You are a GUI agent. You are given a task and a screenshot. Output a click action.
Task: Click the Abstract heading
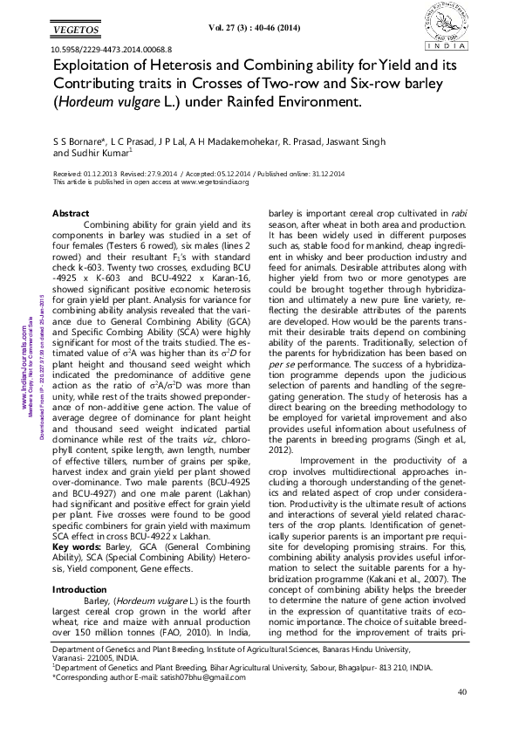coord(71,214)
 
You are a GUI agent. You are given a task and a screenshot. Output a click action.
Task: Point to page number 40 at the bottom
coord(462,692)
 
